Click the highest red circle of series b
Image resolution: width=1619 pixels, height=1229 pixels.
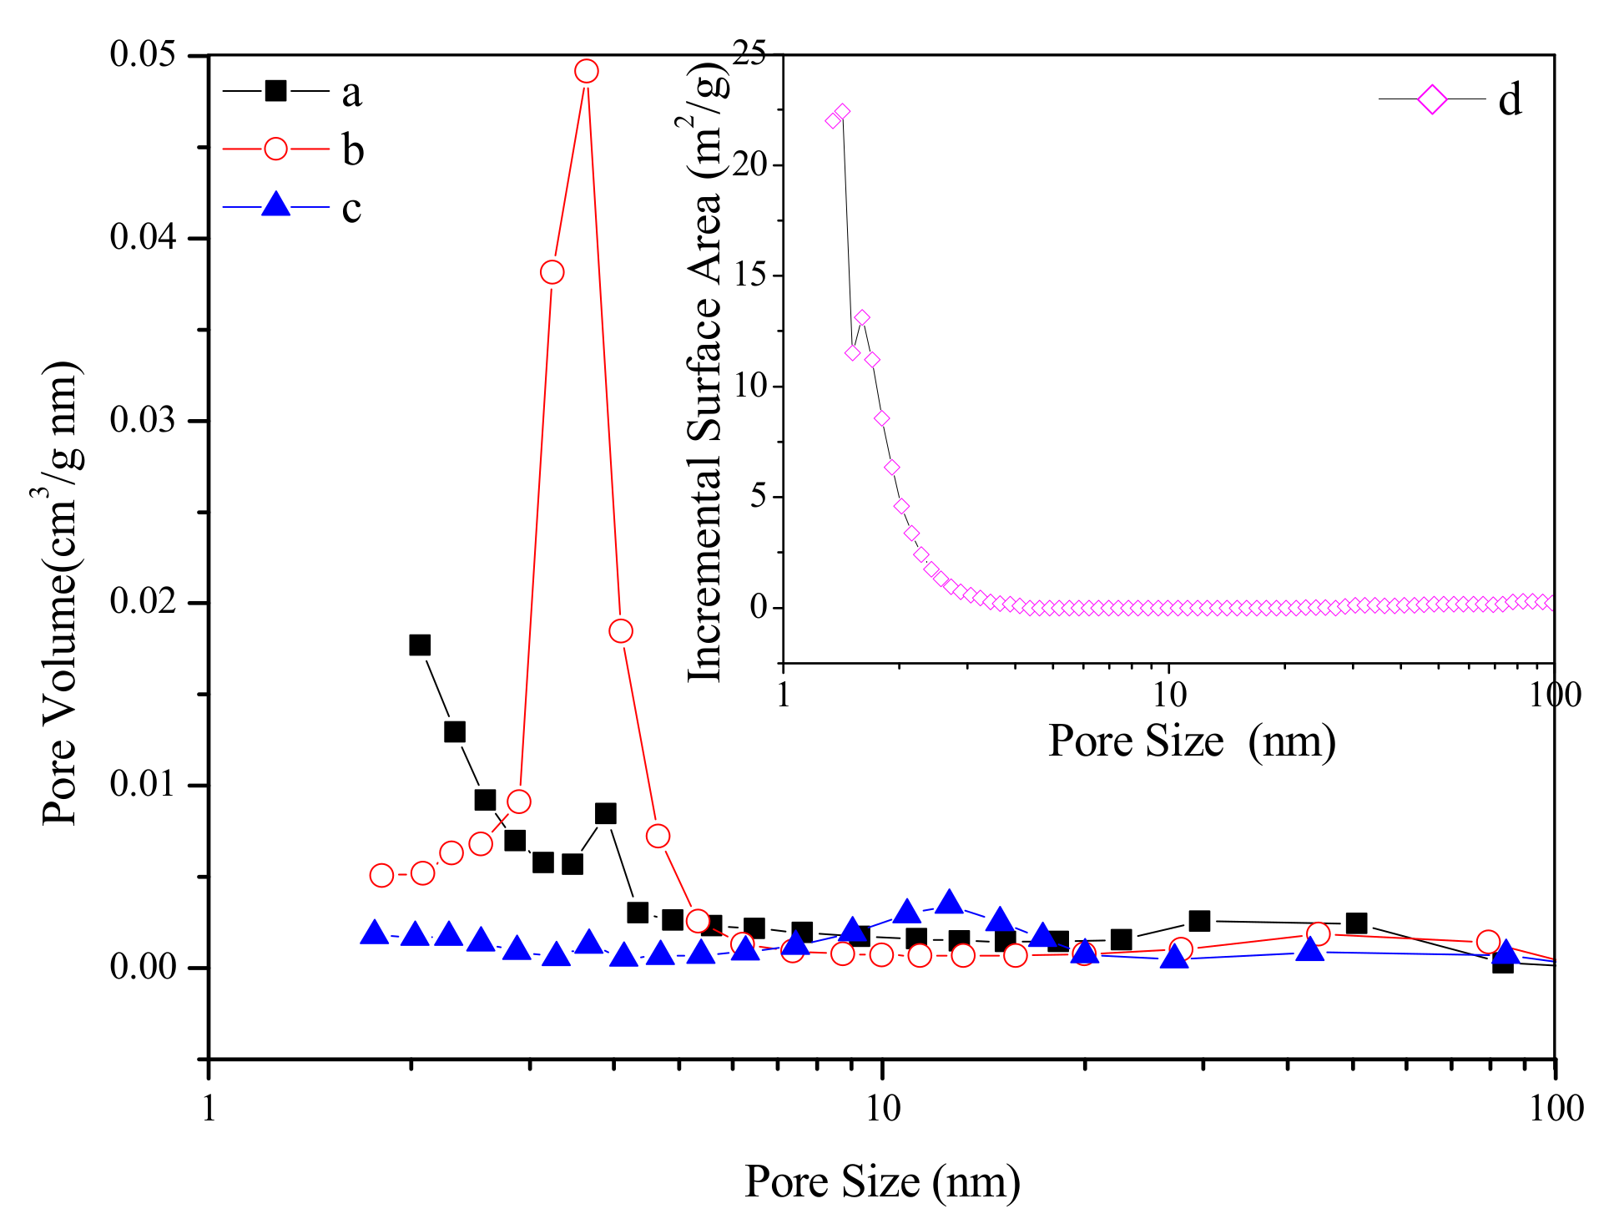[x=587, y=71]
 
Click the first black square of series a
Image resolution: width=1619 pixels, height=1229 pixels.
[x=420, y=645]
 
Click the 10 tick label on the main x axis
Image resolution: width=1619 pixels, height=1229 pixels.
[x=882, y=1108]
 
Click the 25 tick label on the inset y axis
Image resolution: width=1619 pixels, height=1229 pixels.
[x=749, y=55]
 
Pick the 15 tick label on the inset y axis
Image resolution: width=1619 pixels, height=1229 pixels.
[x=749, y=276]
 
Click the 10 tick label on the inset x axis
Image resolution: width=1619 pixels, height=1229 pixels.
[x=1168, y=694]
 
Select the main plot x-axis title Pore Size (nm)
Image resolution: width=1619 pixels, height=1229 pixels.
[x=882, y=1181]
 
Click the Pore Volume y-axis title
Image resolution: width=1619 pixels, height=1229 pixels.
[x=60, y=593]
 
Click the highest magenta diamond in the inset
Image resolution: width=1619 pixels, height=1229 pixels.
[x=842, y=112]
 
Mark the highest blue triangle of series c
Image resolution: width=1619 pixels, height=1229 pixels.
[x=949, y=903]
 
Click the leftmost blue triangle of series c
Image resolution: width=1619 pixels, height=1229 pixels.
[x=375, y=933]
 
